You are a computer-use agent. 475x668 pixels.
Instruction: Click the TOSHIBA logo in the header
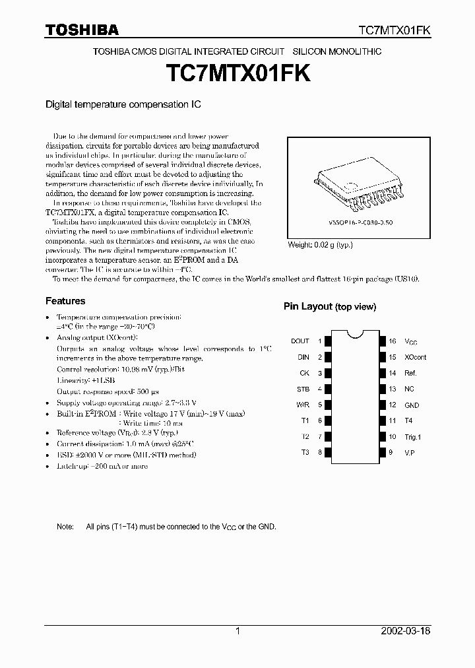pos(82,29)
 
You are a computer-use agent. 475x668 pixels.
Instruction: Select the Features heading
pos(65,301)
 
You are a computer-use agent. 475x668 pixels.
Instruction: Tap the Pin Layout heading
pos(330,306)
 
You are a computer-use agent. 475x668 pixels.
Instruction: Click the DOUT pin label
pos(300,341)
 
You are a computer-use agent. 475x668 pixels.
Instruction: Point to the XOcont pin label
pos(416,357)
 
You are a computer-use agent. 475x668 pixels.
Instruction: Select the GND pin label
pos(412,405)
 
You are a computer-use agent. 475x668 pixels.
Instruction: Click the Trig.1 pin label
pos(413,437)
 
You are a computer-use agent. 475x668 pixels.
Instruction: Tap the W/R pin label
pos(302,405)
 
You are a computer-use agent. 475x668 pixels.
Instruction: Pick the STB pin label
pos(303,389)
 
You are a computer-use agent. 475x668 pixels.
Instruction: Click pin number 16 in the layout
pos(392,341)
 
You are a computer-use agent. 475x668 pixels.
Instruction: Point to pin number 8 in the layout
pos(319,453)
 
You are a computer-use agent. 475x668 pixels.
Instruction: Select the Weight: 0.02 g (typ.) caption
pos(321,246)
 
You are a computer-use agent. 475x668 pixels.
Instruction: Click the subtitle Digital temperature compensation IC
pos(122,104)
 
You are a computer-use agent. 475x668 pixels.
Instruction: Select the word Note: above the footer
pos(65,527)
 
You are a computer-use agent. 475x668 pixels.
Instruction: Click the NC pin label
pos(410,389)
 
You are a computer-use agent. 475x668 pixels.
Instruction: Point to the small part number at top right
pos(395,30)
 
